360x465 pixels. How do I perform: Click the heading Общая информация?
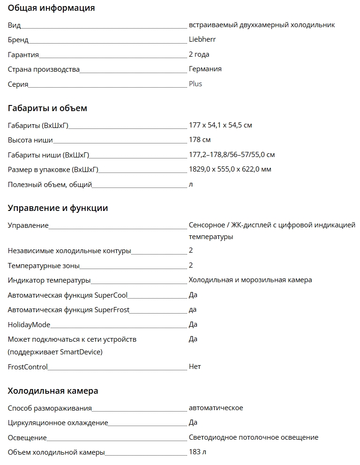pos(51,8)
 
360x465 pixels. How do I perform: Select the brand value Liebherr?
pos(202,39)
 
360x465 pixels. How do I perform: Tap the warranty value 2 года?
pos(199,54)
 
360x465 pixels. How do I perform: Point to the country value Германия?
pos(205,69)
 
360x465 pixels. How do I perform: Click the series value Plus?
pos(195,84)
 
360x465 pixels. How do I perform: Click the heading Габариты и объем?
pos(47,108)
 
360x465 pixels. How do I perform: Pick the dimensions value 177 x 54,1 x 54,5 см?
pos(220,125)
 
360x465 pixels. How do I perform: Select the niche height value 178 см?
pos(199,140)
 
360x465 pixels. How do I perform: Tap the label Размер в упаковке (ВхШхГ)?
pos(53,169)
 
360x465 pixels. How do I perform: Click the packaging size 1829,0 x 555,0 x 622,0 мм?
pos(230,169)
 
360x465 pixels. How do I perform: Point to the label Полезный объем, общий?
pos(50,184)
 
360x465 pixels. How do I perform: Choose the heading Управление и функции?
pos(58,208)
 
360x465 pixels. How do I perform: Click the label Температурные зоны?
pos(44,266)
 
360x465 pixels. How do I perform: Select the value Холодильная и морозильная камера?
pos(250,280)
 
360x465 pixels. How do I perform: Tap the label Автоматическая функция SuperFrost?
pos(68,309)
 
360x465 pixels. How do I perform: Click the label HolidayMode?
pos(29,324)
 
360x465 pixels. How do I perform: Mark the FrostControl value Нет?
pos(195,367)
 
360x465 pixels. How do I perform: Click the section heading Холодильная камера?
pos(53,391)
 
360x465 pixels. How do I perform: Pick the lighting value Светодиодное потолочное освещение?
pos(253,437)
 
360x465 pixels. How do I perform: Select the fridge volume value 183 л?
pos(197,452)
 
